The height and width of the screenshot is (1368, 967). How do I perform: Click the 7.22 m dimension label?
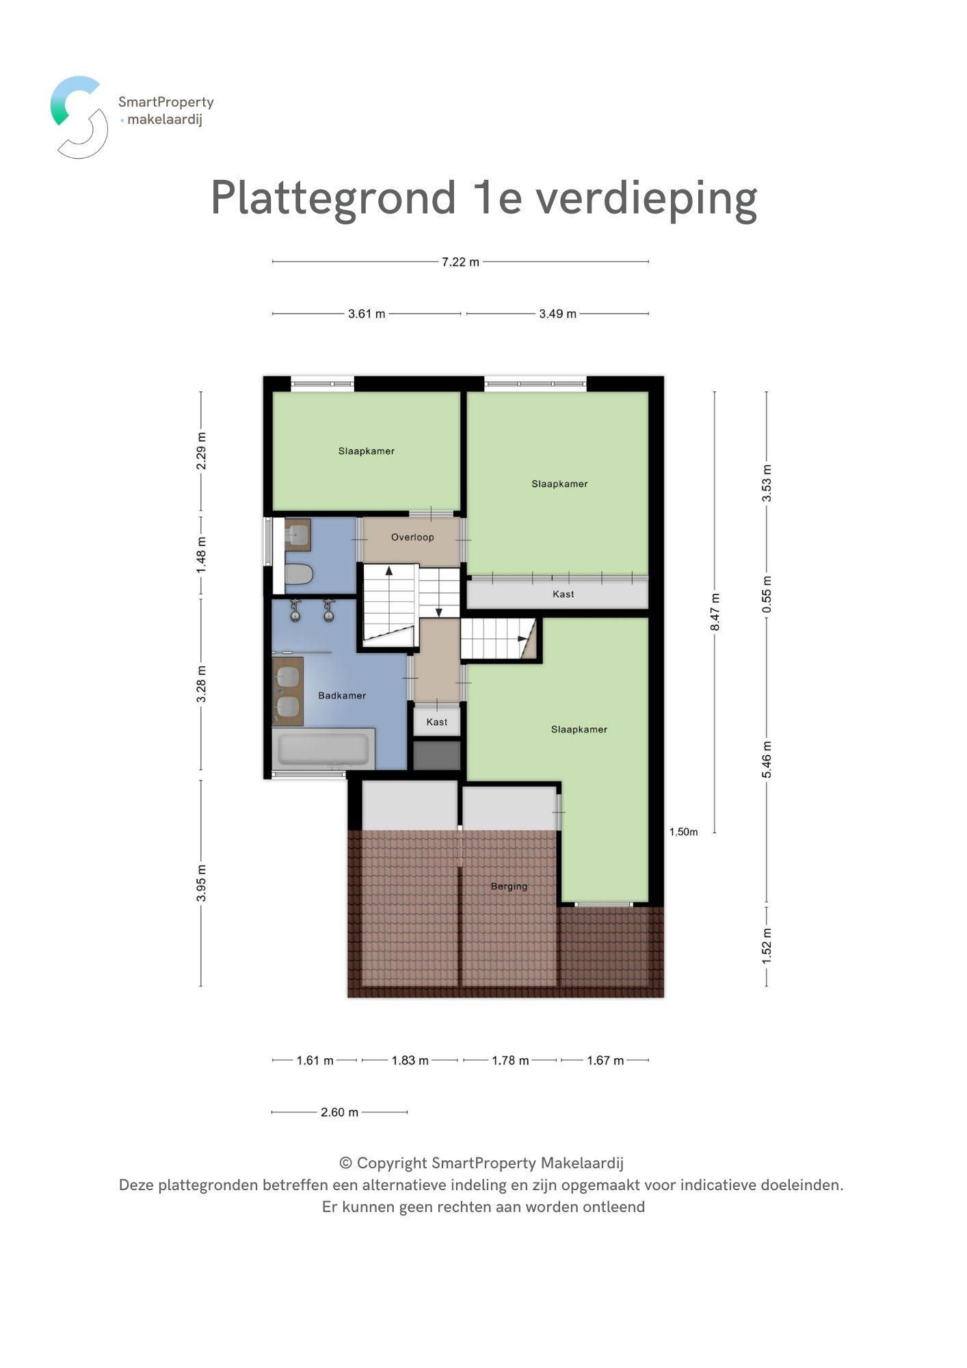point(460,262)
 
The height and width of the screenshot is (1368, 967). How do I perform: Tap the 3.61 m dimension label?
point(367,314)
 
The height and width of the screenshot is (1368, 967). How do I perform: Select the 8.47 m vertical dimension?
point(715,612)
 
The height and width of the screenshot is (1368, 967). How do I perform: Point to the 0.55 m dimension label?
point(767,595)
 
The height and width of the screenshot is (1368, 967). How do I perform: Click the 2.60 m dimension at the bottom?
point(339,1112)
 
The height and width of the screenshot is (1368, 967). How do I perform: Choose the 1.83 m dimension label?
point(410,1061)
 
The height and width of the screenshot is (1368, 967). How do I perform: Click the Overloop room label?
point(412,538)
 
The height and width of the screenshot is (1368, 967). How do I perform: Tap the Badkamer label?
point(342,696)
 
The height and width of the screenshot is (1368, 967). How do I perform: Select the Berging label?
point(509,886)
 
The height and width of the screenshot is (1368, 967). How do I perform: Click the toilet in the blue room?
point(299,574)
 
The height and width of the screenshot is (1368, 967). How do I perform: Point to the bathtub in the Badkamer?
point(323,749)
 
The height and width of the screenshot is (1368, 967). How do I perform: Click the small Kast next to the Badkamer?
point(436,722)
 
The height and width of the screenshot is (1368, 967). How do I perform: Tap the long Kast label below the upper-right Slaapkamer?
point(563,594)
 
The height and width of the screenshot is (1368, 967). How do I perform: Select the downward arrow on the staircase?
point(439,611)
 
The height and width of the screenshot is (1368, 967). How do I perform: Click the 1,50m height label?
point(683,832)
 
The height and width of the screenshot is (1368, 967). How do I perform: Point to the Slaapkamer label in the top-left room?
point(366,451)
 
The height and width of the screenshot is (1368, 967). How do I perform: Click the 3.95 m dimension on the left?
point(201,883)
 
